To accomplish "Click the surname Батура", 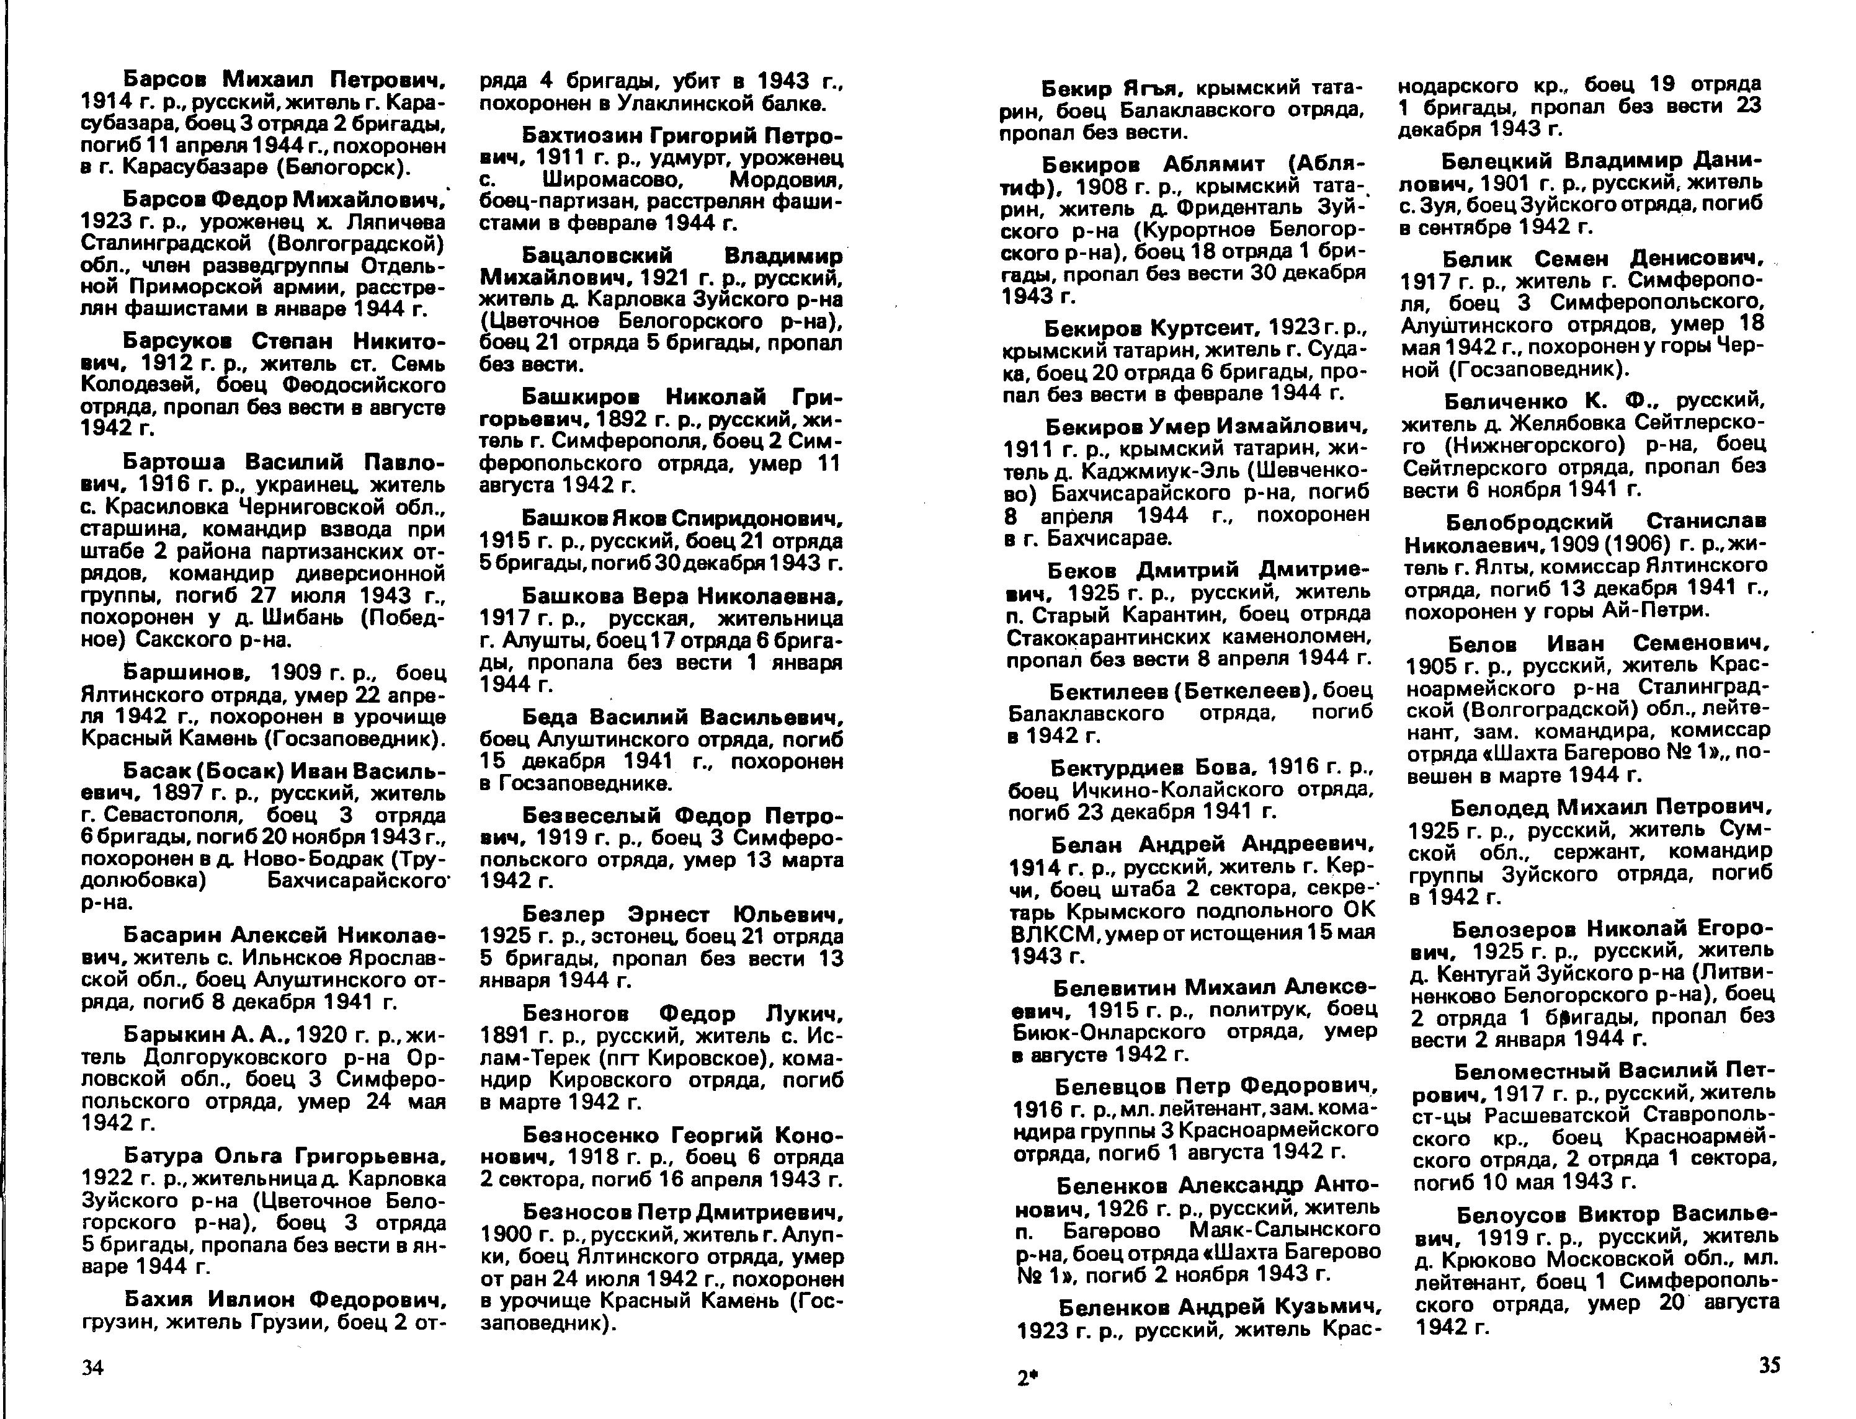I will (161, 1155).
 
